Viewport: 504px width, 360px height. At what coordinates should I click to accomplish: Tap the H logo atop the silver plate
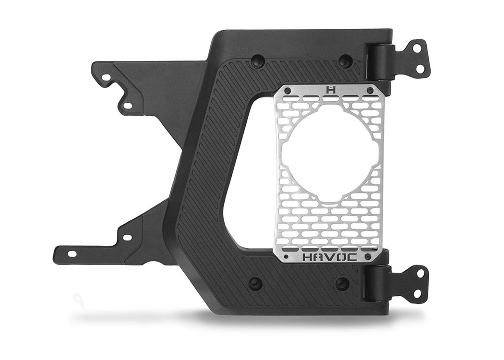tap(330, 89)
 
